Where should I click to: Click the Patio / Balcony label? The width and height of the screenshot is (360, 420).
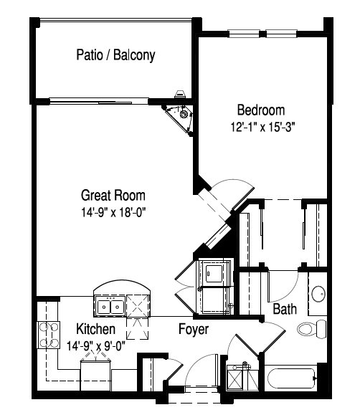[115, 55]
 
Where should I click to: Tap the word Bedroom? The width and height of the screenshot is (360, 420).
[261, 110]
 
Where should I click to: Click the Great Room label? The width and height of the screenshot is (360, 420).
[113, 195]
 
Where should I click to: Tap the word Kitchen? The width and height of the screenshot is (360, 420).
[96, 330]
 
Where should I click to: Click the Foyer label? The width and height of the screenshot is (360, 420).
[194, 330]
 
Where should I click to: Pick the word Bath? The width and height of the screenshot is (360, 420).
[285, 310]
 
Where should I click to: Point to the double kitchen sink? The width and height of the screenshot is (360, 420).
[109, 306]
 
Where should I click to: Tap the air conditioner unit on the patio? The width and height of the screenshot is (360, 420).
[180, 94]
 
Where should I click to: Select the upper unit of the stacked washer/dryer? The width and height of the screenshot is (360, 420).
[214, 272]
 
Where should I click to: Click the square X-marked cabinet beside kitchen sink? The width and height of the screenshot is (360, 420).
[138, 306]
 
